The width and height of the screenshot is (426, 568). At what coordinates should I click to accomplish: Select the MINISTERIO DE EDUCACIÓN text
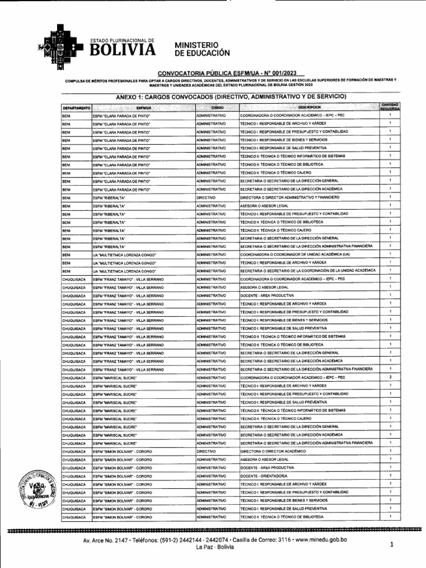pyautogui.click(x=201, y=48)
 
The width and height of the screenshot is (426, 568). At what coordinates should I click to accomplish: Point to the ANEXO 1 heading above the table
pyautogui.click(x=230, y=97)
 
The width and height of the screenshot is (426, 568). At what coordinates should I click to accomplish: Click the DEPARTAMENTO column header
pyautogui.click(x=77, y=106)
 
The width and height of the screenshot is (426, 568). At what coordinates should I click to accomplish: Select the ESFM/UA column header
pyautogui.click(x=144, y=106)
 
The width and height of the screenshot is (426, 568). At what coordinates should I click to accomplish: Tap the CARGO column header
pyautogui.click(x=216, y=106)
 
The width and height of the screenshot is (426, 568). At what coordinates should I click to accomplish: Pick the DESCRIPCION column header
pyautogui.click(x=309, y=106)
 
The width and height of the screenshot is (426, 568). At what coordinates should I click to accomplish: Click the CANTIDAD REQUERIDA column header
pyautogui.click(x=390, y=106)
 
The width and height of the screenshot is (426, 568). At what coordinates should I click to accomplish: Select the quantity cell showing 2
pyautogui.click(x=390, y=377)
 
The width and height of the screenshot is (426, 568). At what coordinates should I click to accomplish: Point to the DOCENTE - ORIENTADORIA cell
pyautogui.click(x=263, y=476)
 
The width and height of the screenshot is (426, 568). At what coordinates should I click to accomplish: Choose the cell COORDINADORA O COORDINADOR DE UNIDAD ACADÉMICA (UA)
pyautogui.click(x=295, y=254)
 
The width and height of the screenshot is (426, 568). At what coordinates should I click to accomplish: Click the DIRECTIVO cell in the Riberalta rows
pyautogui.click(x=206, y=197)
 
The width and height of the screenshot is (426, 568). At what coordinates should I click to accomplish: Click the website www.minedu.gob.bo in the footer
pyautogui.click(x=317, y=540)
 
